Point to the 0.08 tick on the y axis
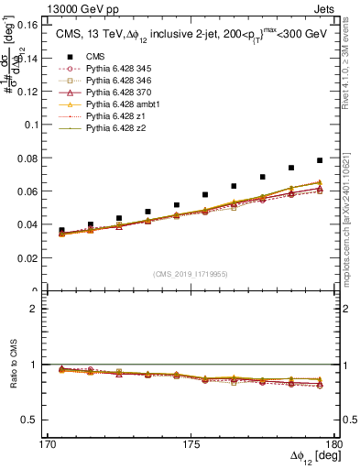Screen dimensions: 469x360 (x=38, y=158)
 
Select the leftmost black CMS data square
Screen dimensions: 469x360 (x=61, y=231)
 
